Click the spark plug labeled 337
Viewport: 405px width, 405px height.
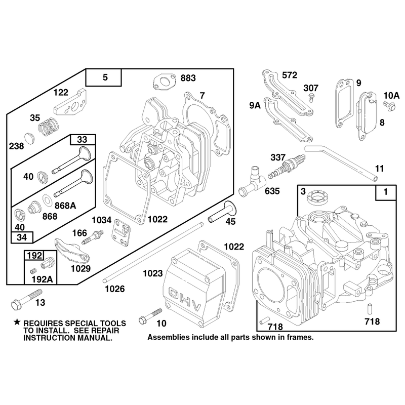click(x=286, y=167)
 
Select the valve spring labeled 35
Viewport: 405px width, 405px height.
click(x=49, y=126)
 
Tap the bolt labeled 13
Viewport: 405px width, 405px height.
click(x=26, y=299)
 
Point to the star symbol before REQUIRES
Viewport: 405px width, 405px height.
click(x=17, y=322)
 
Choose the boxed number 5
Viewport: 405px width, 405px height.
click(x=105, y=77)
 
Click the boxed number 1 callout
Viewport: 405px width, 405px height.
click(x=386, y=192)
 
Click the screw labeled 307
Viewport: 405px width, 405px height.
click(x=312, y=98)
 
